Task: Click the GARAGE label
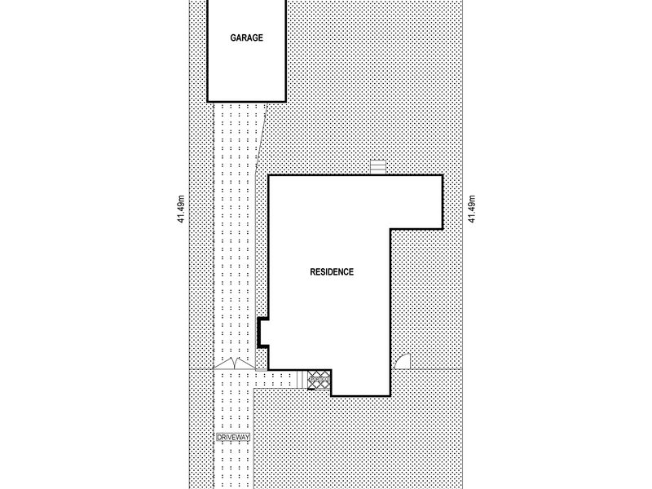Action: (x=245, y=37)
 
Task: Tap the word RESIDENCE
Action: (x=332, y=272)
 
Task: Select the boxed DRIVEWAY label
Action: (x=234, y=438)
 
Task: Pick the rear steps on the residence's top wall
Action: (x=377, y=168)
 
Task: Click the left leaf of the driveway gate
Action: (x=223, y=364)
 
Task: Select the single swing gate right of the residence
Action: (x=402, y=363)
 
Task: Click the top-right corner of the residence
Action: (x=442, y=175)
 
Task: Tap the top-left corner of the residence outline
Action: (x=269, y=175)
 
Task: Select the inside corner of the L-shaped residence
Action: (x=391, y=229)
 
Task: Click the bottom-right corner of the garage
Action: (x=285, y=99)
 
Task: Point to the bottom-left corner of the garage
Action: (x=206, y=99)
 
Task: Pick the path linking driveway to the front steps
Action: (x=277, y=379)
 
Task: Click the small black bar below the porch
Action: (x=316, y=389)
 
